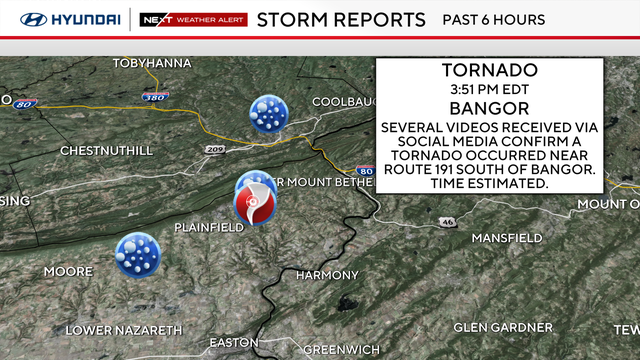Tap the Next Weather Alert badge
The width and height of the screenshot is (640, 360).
[191, 20]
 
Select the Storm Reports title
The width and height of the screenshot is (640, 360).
[340, 20]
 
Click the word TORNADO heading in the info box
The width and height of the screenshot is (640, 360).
[489, 70]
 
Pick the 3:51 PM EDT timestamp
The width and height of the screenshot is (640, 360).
[489, 88]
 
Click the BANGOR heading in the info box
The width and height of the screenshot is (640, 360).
[489, 108]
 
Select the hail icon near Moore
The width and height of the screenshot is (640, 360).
[137, 253]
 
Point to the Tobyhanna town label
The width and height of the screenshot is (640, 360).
[151, 63]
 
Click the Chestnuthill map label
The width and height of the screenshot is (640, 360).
[106, 151]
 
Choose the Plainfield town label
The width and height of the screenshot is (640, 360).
[209, 228]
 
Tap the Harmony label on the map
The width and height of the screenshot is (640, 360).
[327, 275]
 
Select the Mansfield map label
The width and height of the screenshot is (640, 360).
[507, 238]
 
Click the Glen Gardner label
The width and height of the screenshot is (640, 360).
[502, 328]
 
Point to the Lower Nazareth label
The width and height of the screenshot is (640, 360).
[124, 330]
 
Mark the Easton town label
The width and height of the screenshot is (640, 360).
[234, 343]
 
